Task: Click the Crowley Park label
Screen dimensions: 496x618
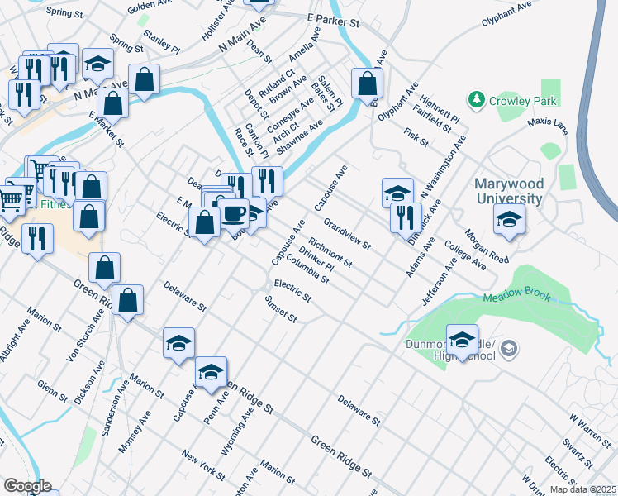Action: (x=523, y=101)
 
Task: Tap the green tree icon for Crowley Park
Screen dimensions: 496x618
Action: (x=476, y=100)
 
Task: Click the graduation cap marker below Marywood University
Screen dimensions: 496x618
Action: (x=508, y=220)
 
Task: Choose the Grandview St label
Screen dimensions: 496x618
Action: (x=347, y=234)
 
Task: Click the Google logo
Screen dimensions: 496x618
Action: (x=27, y=485)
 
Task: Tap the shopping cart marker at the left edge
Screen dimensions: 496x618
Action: (x=11, y=198)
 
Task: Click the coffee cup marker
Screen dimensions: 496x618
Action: (x=233, y=214)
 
